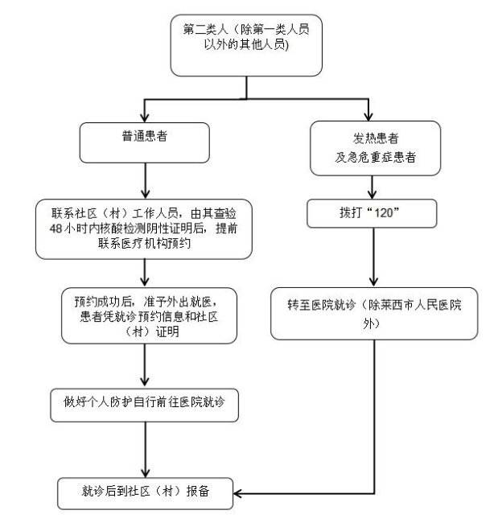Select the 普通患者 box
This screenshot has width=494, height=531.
pos(144,143)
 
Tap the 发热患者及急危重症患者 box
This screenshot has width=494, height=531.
pos(375,147)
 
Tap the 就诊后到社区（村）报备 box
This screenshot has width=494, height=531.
pos(145,492)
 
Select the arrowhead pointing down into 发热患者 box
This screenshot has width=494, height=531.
pos(370,114)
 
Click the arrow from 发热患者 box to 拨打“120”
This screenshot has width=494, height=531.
pos(371,187)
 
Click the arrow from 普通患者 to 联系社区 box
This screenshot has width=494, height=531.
pos(144,181)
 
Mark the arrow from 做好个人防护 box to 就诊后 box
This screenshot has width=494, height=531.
pos(145,451)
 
